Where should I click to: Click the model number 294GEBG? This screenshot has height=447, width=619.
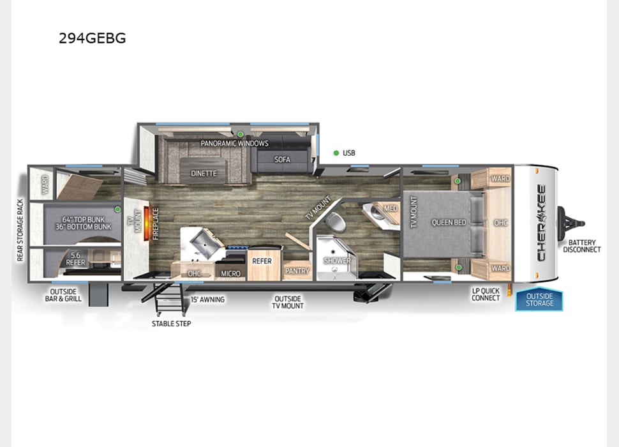tap(92, 38)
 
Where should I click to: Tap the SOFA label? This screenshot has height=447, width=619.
tap(282, 159)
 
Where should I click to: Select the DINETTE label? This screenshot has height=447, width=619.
tap(204, 173)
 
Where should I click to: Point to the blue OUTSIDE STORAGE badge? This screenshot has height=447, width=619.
tap(539, 299)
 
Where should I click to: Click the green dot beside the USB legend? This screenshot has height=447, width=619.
tap(336, 153)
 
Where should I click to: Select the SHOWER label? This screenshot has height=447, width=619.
tap(337, 261)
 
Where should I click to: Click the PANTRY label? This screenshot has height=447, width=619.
tap(297, 271)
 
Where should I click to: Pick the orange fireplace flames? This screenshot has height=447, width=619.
tap(146, 223)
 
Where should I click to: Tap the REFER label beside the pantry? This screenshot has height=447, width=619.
tap(262, 261)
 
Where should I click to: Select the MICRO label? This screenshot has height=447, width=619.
tap(230, 273)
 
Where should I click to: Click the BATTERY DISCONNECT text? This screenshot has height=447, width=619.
tap(581, 246)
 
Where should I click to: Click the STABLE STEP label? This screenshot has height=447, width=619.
tap(171, 324)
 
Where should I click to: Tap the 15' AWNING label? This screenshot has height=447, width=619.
tap(207, 299)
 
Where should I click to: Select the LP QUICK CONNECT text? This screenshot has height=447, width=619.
tap(486, 294)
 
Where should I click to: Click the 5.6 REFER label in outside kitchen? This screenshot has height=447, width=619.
tap(76, 259)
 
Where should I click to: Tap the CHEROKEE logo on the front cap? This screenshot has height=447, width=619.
tap(541, 223)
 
